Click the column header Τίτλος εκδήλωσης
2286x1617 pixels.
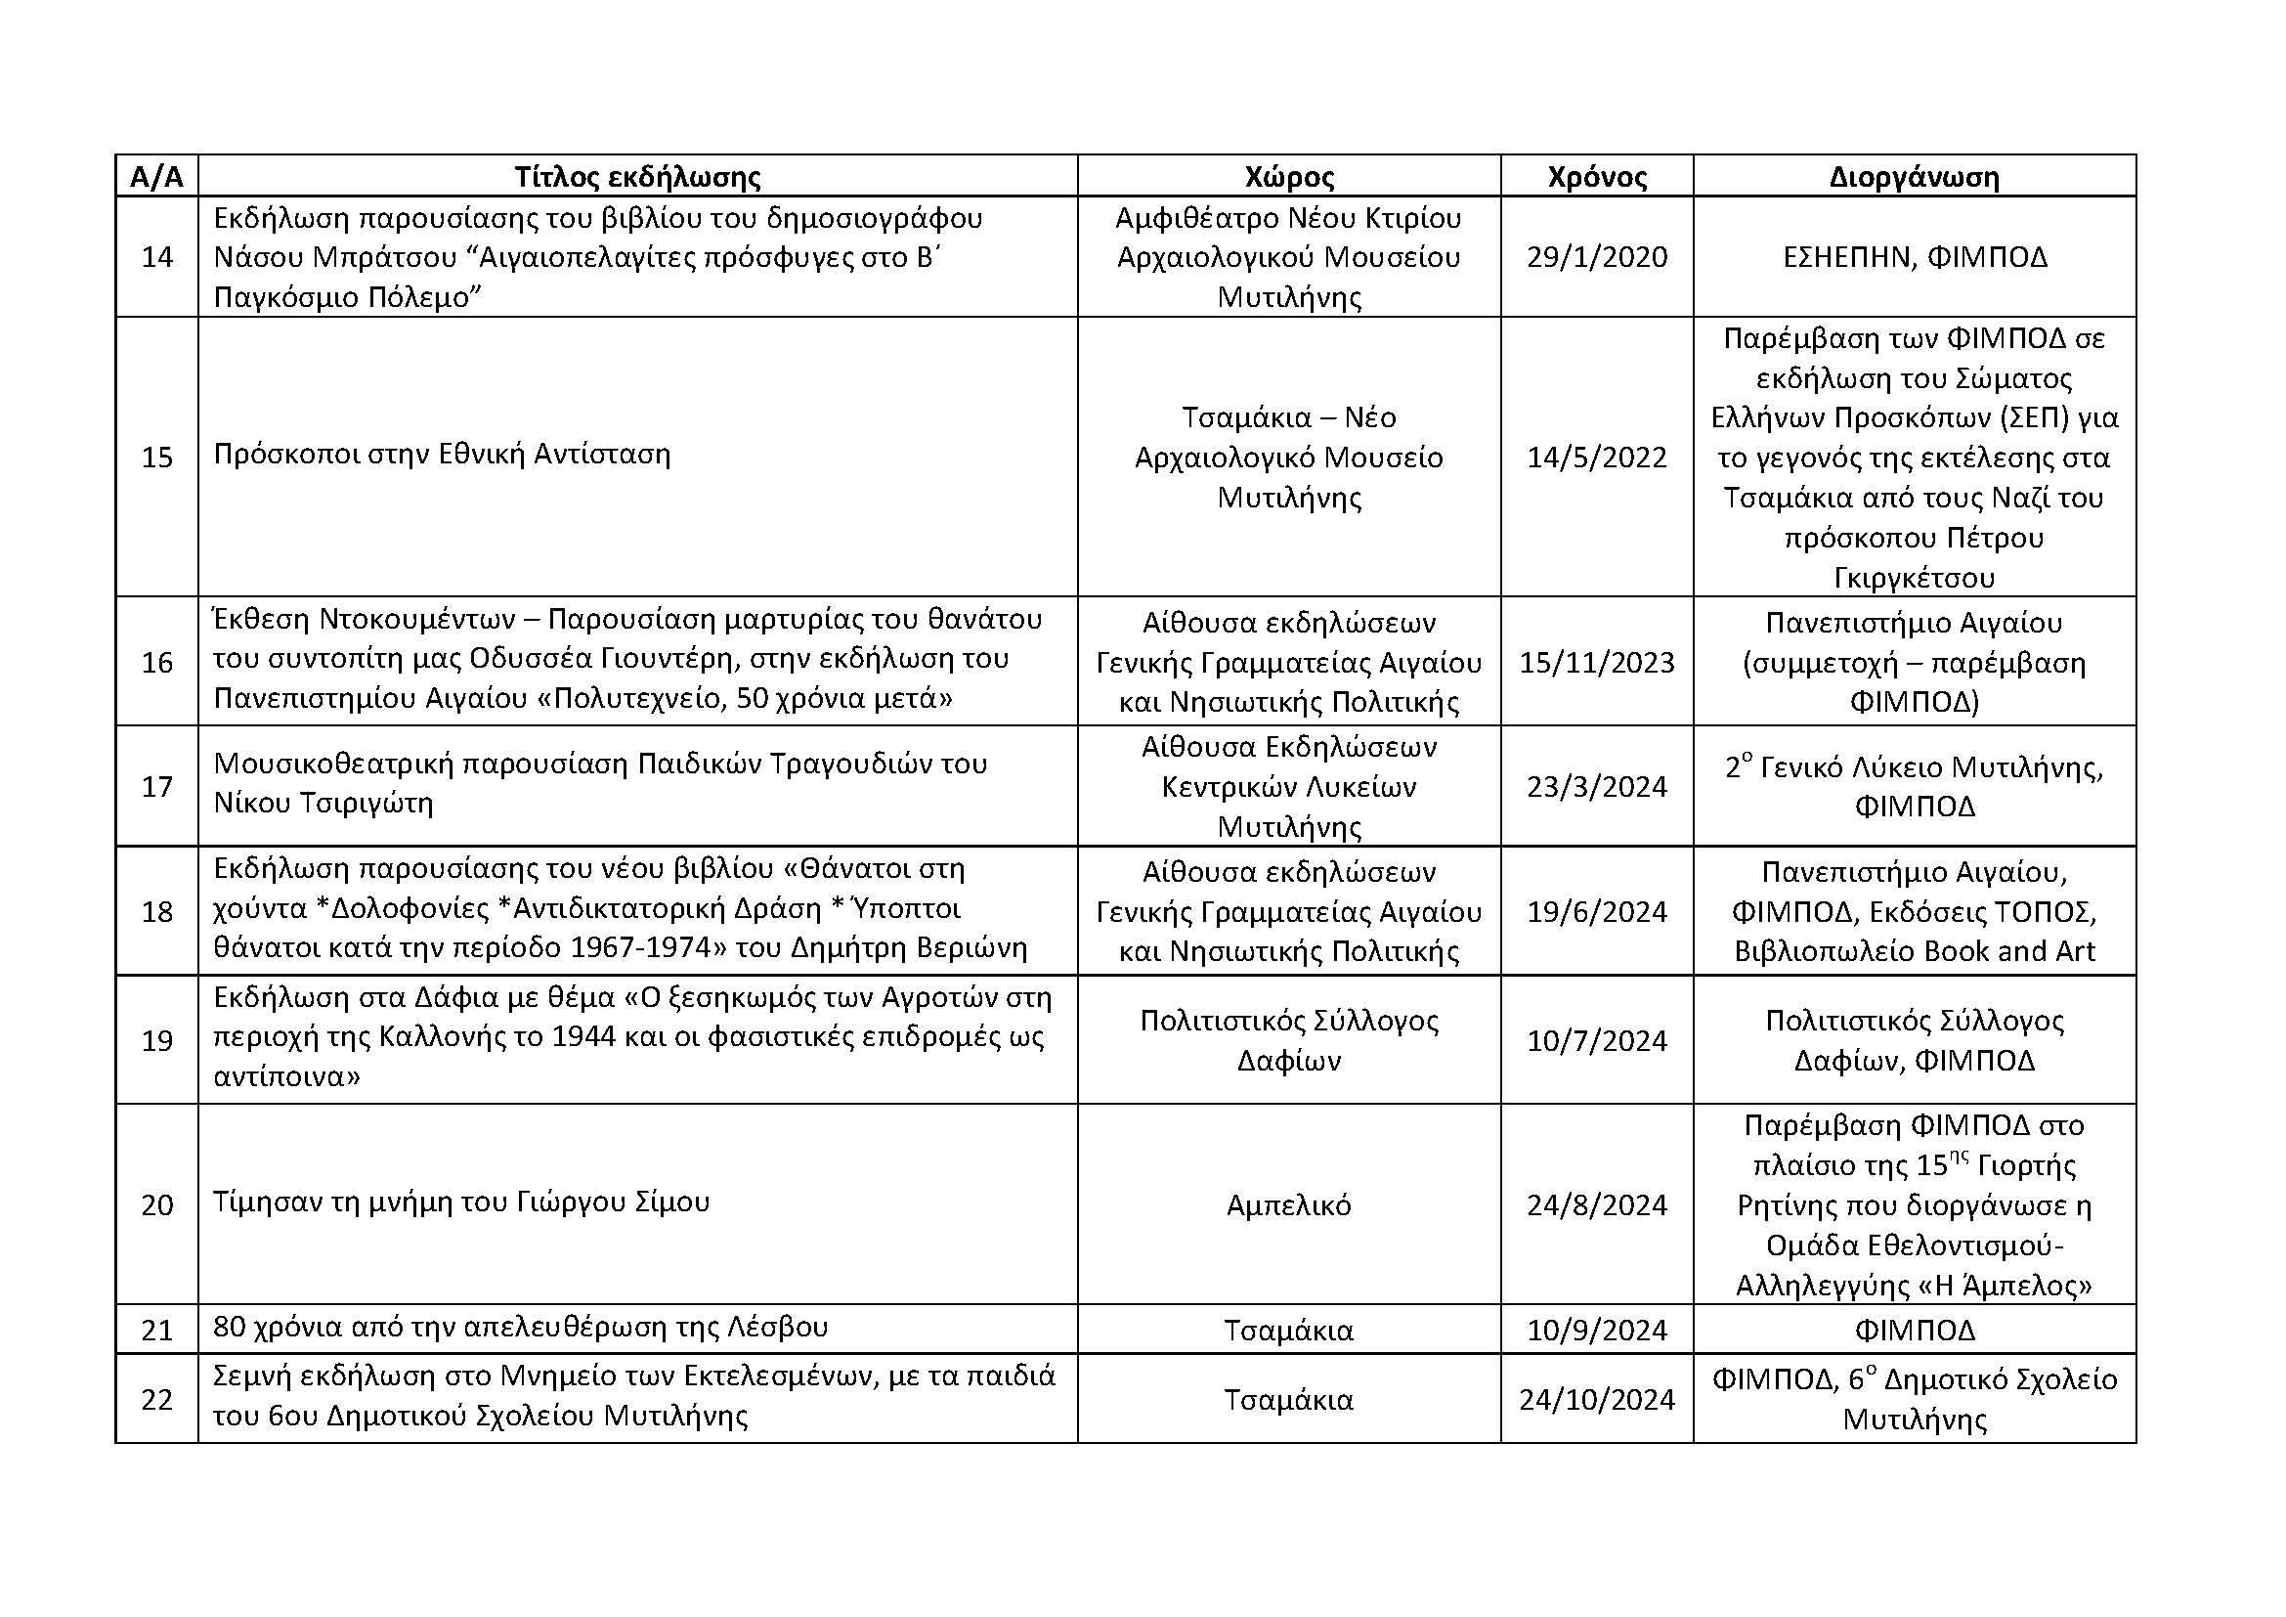(637, 177)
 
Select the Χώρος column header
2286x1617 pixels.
(1288, 177)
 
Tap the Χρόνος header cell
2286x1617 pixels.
(1596, 177)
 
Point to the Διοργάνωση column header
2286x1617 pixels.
(1914, 177)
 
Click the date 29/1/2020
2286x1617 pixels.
(1596, 257)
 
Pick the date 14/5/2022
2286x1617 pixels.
(1596, 457)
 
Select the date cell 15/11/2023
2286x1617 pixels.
(1596, 662)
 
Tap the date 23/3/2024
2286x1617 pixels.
(1596, 787)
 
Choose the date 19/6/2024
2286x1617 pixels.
(1596, 911)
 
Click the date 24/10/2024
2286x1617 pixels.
(1596, 1399)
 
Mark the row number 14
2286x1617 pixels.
(157, 257)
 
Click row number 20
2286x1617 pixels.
(157, 1204)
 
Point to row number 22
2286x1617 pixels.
(157, 1399)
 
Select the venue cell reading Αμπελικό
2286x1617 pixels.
(1288, 1204)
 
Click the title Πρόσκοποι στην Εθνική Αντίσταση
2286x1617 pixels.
(442, 454)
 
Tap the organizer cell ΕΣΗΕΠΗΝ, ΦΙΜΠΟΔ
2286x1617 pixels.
(1914, 257)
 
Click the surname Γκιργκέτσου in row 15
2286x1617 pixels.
(1914, 578)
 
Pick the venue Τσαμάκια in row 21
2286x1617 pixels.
(1288, 1331)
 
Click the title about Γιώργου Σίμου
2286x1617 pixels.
(461, 1202)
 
